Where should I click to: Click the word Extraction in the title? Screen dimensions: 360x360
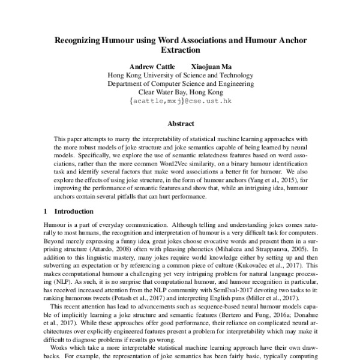point(180,52)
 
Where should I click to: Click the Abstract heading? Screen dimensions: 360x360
point(180,124)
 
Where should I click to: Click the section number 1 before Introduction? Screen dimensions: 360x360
point(46,211)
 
